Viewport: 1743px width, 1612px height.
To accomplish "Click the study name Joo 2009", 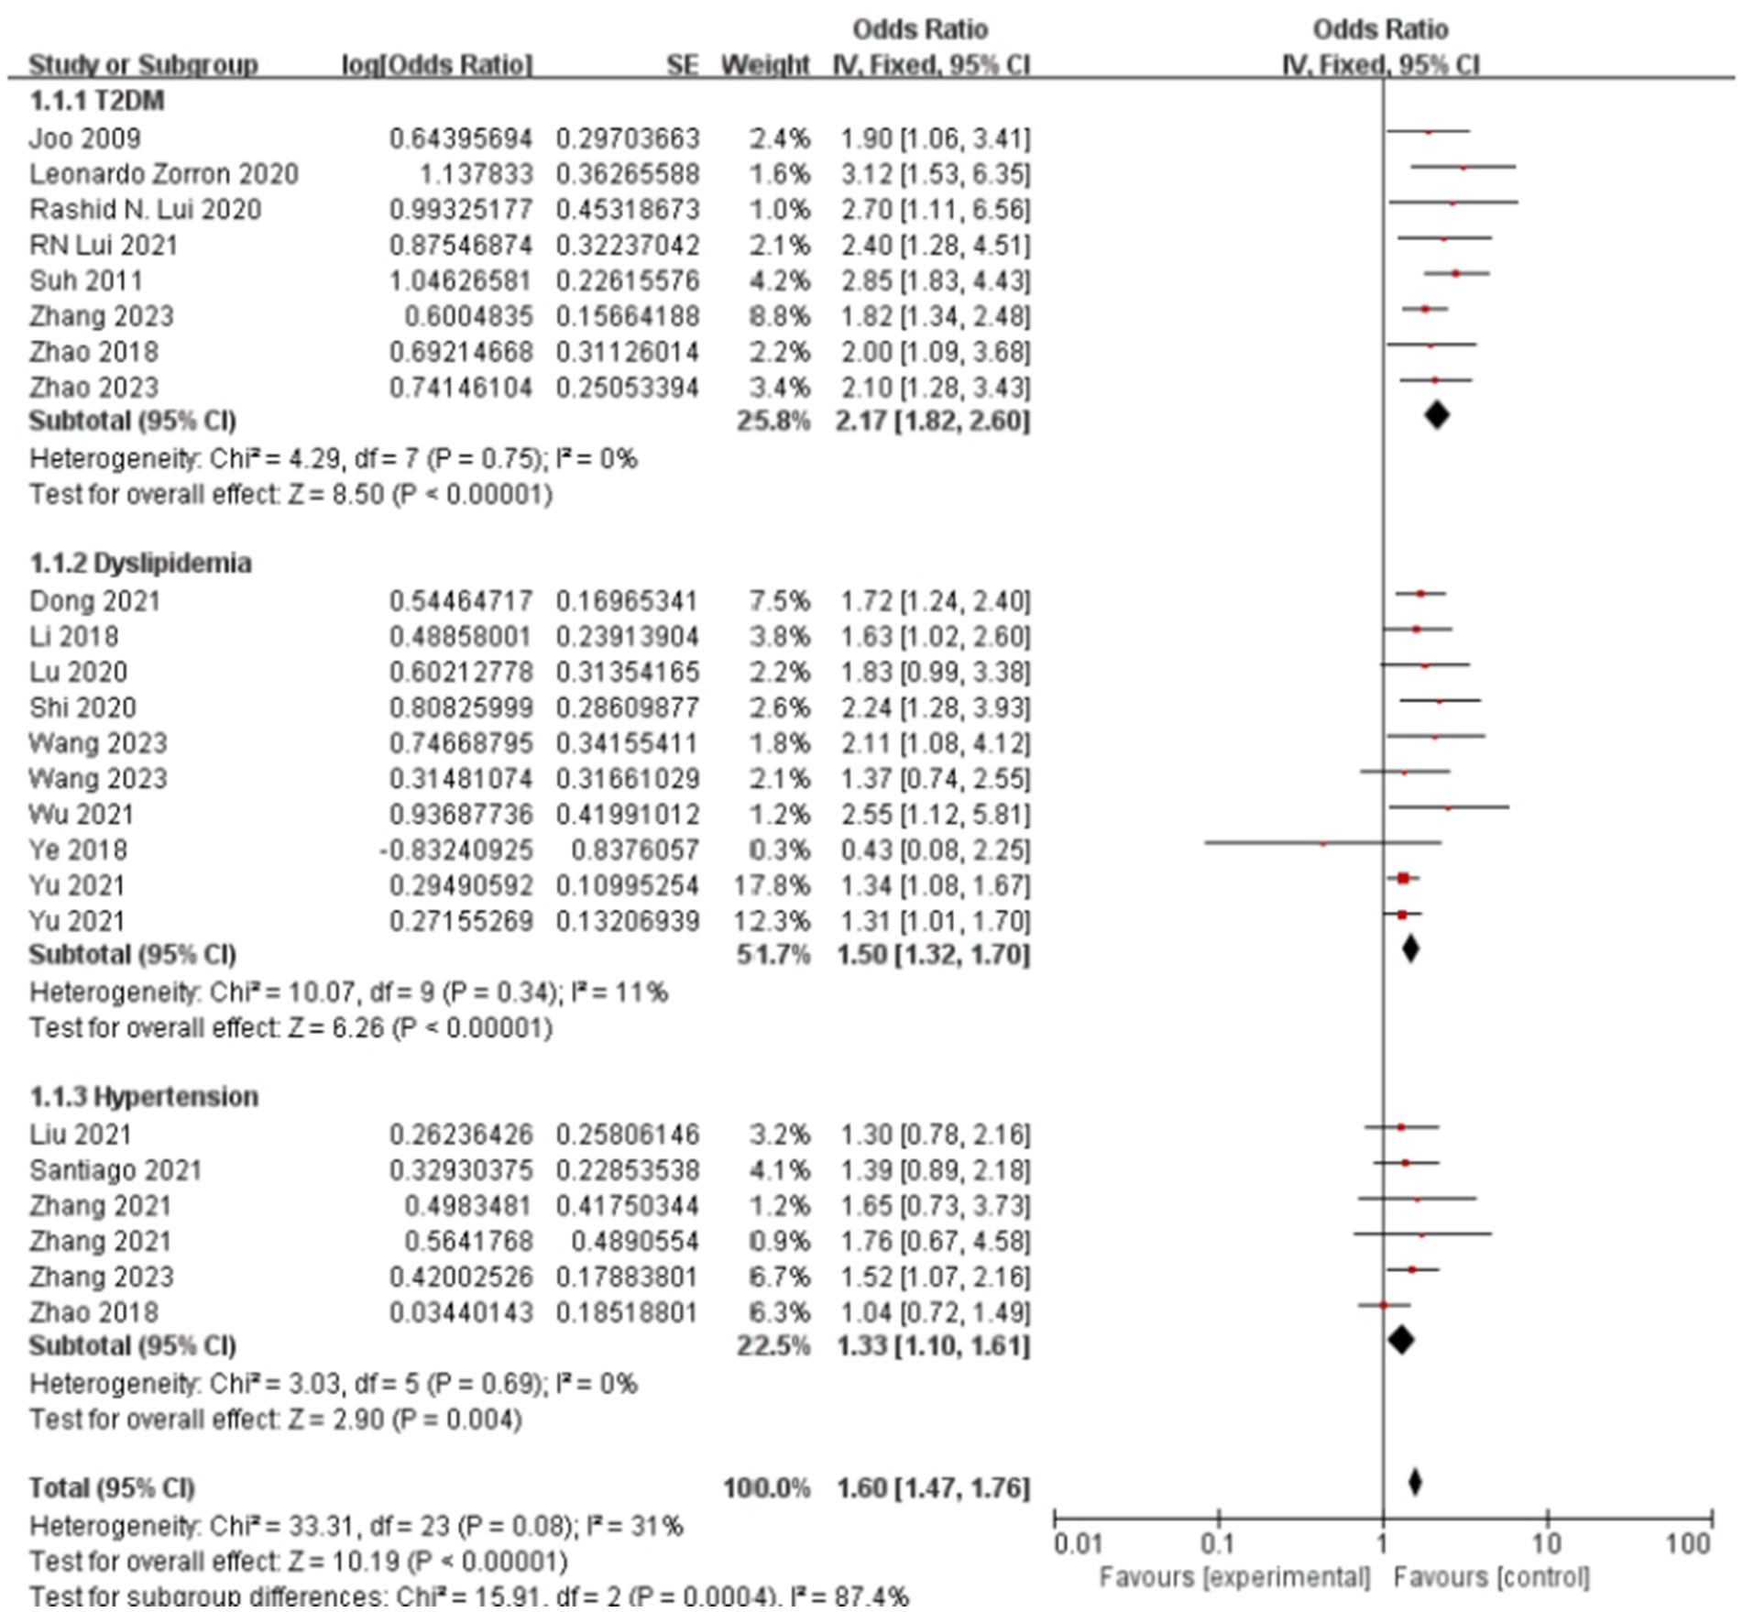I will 84,138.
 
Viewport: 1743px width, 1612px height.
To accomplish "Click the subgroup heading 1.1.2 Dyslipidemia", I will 140,563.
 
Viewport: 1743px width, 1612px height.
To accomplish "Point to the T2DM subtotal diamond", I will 1436,415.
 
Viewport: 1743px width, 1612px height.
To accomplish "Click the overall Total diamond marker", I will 1415,1482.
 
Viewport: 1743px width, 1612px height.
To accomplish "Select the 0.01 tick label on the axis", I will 1078,1544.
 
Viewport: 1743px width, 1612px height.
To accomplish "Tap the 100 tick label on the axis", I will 1688,1544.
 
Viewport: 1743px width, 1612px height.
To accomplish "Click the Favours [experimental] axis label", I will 1234,1577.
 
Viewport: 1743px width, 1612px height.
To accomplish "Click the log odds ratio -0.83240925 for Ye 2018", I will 455,850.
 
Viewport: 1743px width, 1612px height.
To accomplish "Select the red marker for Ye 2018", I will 1322,843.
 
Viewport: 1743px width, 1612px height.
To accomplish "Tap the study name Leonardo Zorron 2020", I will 163,174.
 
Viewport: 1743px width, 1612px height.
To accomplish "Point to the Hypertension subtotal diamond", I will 1400,1340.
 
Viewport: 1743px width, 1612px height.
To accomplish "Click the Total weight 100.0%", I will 766,1487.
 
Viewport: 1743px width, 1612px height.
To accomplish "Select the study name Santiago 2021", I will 115,1170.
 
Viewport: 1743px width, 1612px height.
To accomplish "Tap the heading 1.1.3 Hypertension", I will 143,1097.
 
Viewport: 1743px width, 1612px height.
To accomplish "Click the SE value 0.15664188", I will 627,316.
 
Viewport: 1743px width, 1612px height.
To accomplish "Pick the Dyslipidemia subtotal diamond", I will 1410,949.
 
